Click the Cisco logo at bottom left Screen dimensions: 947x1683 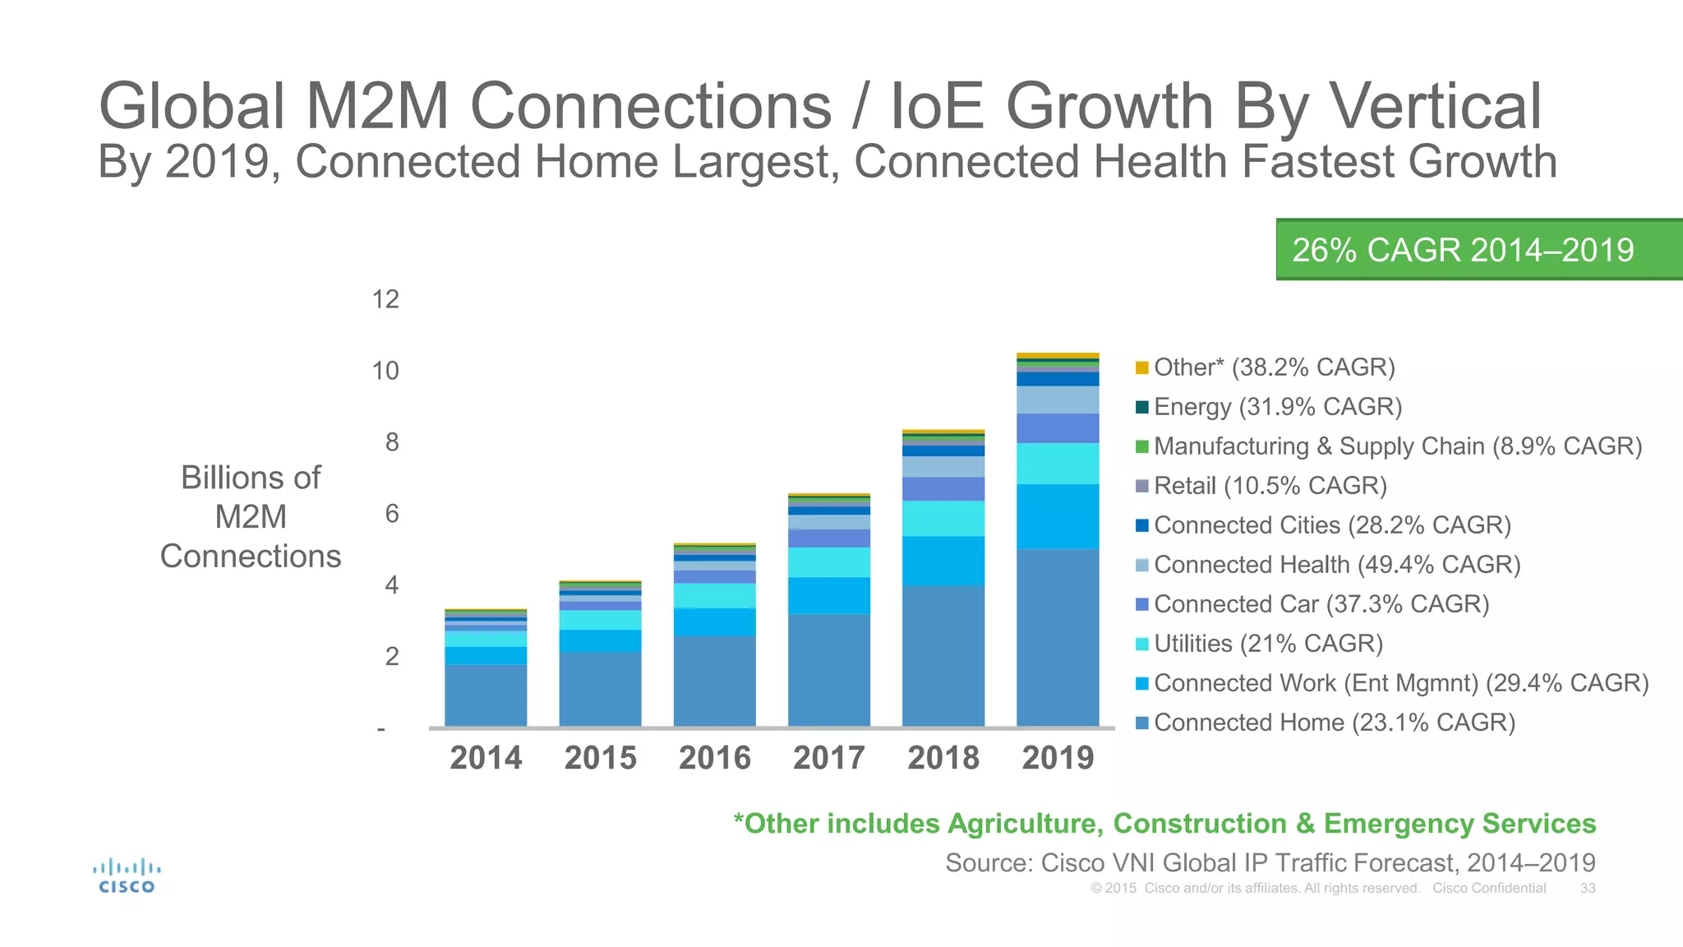tap(126, 875)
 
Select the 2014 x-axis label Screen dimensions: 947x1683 tap(486, 757)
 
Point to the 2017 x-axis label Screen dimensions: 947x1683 tap(828, 757)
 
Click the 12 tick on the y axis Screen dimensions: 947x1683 tap(385, 299)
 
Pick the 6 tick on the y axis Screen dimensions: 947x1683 tap(391, 514)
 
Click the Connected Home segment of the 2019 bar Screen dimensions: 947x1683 tap(1057, 637)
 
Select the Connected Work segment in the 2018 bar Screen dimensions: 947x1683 tap(943, 561)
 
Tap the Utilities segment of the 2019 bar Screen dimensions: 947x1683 tap(1057, 464)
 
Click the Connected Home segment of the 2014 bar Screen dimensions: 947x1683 tap(486, 695)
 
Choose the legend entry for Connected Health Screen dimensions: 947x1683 tap(1336, 565)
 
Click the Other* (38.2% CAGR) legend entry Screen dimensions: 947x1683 tap(1274, 367)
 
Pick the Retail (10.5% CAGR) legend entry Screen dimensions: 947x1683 tap(1270, 486)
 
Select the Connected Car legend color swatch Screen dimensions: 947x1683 tap(1141, 604)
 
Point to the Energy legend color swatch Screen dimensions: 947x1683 tap(1141, 407)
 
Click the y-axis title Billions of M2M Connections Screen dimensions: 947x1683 tap(251, 517)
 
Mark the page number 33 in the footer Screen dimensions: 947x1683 tap(1587, 889)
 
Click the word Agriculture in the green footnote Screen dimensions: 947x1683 tap(1025, 824)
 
